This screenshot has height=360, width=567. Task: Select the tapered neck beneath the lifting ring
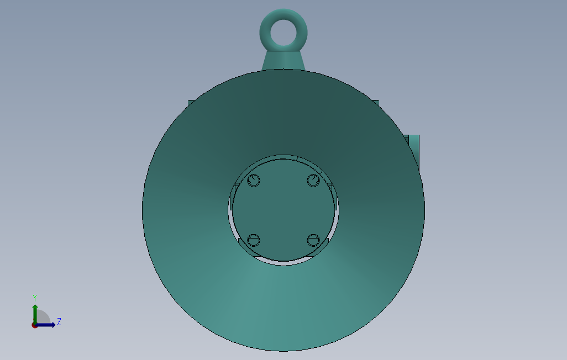[x=282, y=60]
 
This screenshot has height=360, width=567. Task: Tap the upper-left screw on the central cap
[x=254, y=181]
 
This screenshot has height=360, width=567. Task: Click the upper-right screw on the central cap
[x=313, y=181]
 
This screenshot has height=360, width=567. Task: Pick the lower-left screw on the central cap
[x=254, y=240]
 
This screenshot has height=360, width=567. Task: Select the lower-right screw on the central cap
[x=313, y=240]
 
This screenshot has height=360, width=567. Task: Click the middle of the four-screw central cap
[x=283, y=210]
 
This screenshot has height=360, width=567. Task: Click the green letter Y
[x=35, y=298]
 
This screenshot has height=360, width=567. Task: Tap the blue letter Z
[x=59, y=321]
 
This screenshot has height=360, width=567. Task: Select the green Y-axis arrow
[x=35, y=313]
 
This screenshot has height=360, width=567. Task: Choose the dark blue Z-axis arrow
[x=48, y=325]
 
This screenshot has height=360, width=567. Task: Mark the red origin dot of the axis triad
[x=34, y=325]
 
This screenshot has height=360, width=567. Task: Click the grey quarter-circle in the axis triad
[x=43, y=317]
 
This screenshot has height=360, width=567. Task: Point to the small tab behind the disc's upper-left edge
[x=191, y=102]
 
